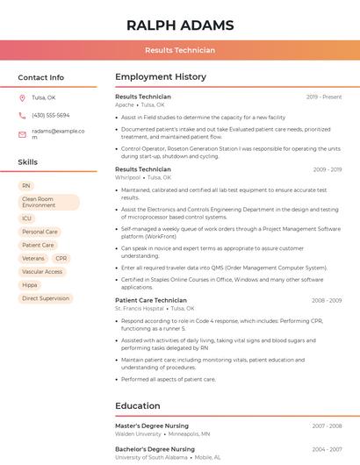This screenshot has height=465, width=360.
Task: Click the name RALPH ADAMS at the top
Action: point(180,25)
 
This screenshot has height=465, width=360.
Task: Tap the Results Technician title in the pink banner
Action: point(180,51)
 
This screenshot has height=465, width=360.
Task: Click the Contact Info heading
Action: point(41,77)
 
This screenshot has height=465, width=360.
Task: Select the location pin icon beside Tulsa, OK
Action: point(22,98)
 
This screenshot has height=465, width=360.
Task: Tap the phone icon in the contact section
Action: point(22,115)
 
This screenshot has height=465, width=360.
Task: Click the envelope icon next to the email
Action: point(22,134)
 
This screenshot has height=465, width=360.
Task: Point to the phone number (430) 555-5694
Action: point(50,115)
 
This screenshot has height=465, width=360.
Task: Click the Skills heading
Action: point(28,162)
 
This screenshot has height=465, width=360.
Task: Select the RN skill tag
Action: point(26,186)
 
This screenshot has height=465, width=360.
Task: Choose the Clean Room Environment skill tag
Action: point(48,202)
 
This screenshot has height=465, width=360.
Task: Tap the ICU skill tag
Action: point(27,218)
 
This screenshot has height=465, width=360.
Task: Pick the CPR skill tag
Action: point(61,259)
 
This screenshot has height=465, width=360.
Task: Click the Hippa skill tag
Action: point(30,285)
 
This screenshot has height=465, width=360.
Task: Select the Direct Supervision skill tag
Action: point(46,298)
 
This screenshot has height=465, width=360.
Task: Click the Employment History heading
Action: point(160,77)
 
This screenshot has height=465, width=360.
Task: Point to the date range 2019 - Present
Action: point(324,97)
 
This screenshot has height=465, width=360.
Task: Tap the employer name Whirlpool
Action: point(127,177)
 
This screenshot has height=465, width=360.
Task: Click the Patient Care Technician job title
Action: point(150,300)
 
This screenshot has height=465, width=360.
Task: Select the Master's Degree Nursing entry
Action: point(152,426)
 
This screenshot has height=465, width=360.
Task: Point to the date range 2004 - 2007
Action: point(327,449)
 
